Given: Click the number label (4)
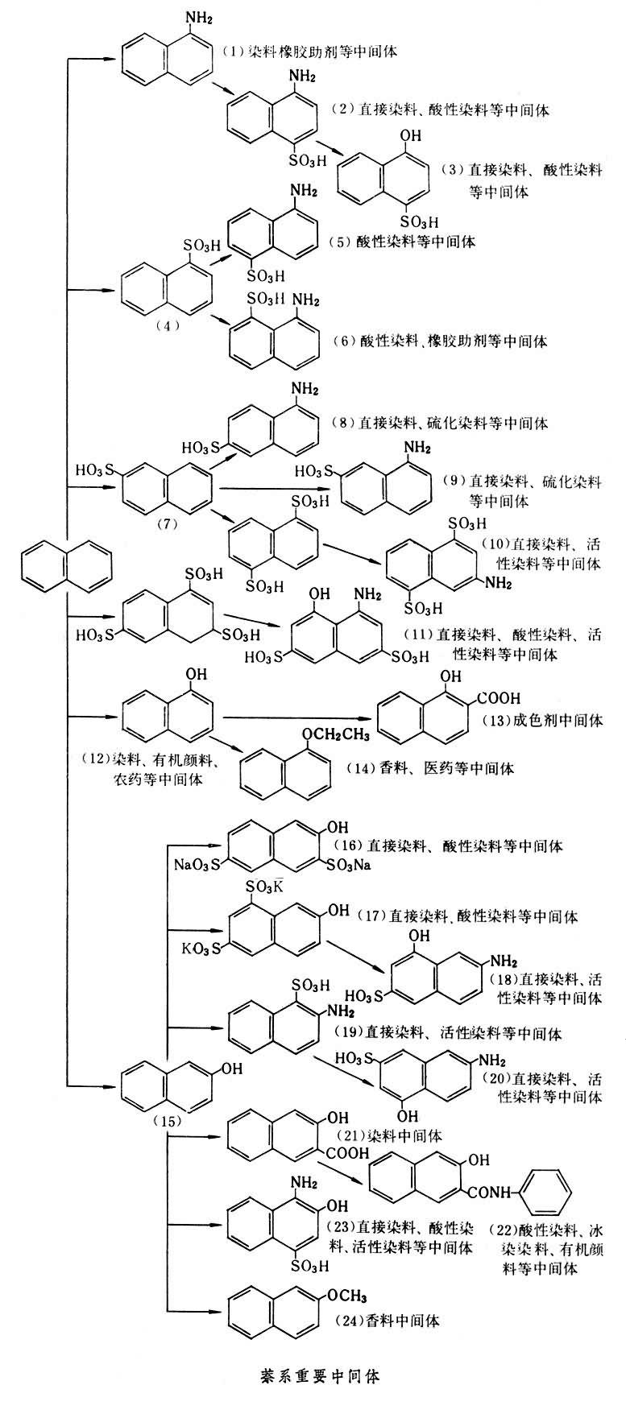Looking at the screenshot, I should [x=167, y=325].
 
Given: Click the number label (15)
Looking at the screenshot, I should [x=167, y=1121].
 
